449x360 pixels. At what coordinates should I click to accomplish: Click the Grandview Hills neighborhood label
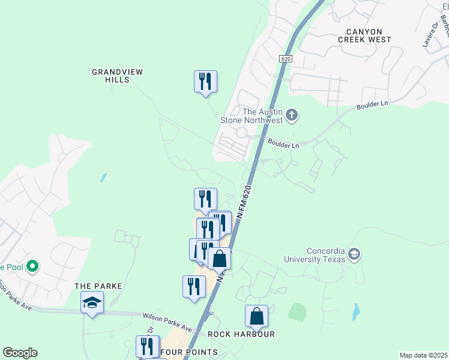coord(117,76)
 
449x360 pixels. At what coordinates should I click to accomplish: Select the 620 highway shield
coord(286,59)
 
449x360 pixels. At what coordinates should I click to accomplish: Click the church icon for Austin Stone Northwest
coord(292,115)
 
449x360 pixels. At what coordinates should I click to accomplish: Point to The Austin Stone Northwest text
coord(262,116)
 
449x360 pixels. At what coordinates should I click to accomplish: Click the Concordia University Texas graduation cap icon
coord(354,254)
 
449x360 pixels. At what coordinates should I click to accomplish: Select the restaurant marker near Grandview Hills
coord(205,81)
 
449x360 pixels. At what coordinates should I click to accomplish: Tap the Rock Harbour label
coord(241,334)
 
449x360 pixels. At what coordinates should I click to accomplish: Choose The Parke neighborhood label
coord(98,286)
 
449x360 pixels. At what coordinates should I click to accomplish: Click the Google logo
coord(20,353)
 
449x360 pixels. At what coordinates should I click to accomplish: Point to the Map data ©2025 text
coord(423,355)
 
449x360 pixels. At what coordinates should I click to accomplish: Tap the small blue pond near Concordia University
coord(357,311)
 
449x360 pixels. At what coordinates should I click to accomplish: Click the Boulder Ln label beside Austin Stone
coord(283,144)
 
